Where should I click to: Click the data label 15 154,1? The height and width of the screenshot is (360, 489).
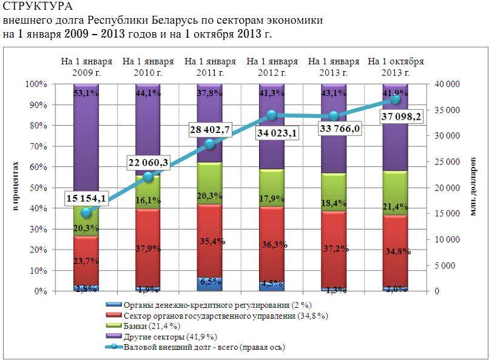88,199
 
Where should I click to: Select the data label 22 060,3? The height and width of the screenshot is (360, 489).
149,162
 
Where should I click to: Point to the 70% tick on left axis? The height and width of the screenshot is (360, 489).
39,146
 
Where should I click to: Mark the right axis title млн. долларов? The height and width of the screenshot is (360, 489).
473,187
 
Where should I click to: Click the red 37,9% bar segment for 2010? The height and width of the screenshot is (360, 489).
148,249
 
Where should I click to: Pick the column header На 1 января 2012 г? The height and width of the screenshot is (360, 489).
272,67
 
